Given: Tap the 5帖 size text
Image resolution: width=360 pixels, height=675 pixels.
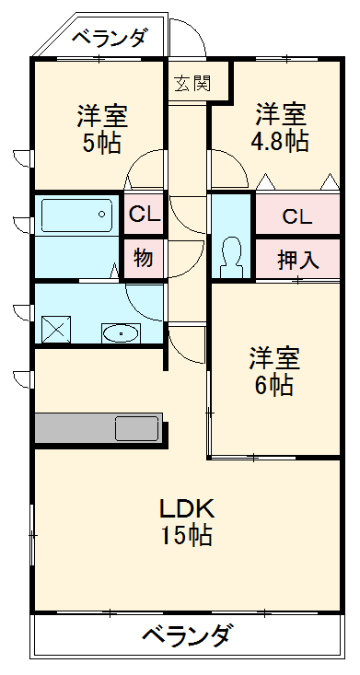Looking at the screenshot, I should [101, 144].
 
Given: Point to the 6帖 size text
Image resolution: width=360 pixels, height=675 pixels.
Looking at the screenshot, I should [274, 385].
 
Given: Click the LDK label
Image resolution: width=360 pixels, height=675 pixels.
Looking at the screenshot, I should [187, 508].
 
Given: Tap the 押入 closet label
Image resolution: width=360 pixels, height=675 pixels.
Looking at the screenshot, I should [298, 260].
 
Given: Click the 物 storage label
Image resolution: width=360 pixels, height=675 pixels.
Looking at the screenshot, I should [143, 258].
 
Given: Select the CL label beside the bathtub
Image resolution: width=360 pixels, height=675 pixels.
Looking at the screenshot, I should [144, 215].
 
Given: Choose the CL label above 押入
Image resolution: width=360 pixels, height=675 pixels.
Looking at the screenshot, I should [296, 217].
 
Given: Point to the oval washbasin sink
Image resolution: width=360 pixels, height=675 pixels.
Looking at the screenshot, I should [119, 332].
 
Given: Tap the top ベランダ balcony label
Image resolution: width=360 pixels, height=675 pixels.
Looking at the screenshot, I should [110, 38].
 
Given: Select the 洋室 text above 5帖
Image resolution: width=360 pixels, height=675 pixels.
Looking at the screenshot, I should [101, 117].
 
